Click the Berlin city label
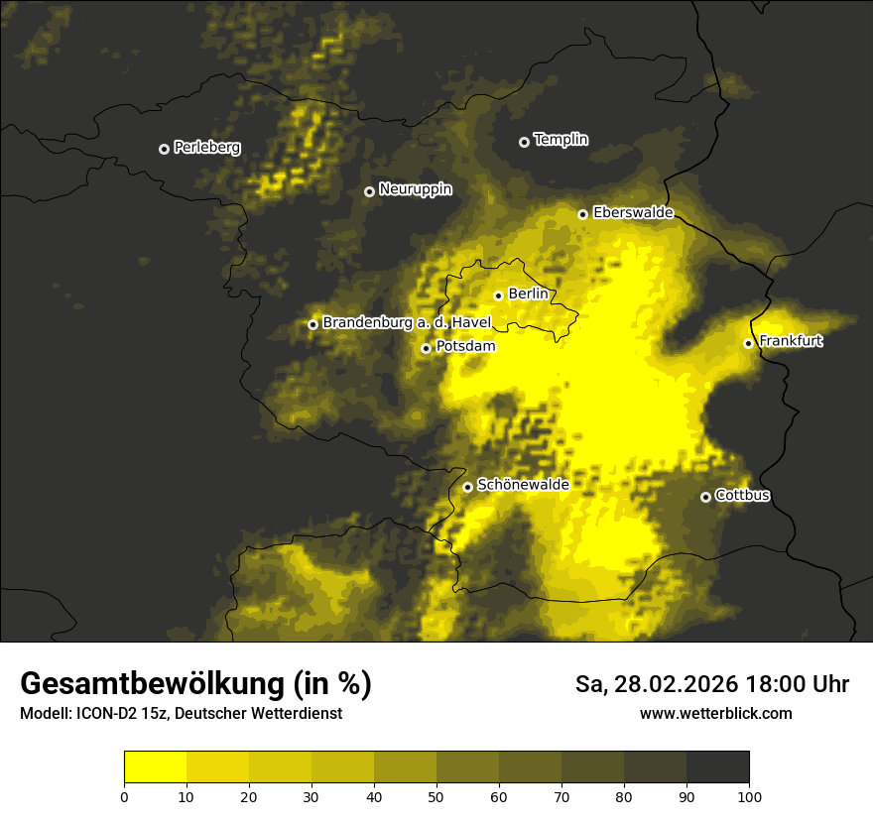(528, 294)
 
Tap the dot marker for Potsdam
(426, 348)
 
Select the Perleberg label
(206, 148)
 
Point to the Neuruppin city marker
(369, 191)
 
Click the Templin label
(561, 140)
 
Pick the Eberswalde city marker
(582, 214)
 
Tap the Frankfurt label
(791, 341)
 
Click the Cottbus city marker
(705, 497)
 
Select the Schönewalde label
(523, 485)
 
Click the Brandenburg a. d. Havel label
(407, 322)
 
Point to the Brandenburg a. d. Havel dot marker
(312, 324)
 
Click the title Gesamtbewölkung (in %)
(195, 684)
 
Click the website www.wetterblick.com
(715, 713)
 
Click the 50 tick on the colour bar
(436, 796)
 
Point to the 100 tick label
(748, 796)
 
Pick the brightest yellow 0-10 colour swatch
(155, 766)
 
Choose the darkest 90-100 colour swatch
(717, 766)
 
